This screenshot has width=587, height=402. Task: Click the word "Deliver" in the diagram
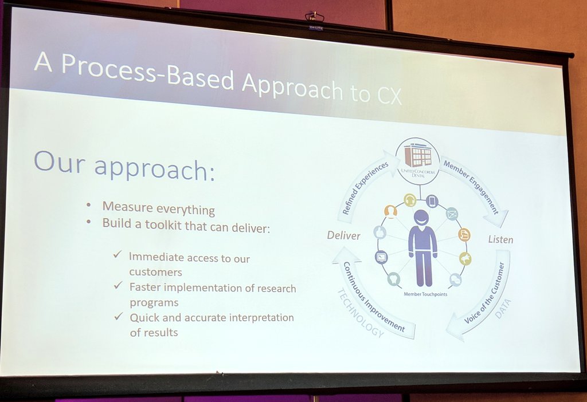(343, 235)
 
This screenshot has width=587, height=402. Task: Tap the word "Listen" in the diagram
(500, 239)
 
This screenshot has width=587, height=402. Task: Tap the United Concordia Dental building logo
(417, 155)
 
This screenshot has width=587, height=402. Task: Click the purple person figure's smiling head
(421, 217)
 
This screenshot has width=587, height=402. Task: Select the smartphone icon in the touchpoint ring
(432, 201)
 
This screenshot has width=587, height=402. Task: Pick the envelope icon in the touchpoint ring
(452, 214)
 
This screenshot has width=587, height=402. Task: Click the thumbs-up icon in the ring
(379, 232)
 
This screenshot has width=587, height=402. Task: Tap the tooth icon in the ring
(393, 279)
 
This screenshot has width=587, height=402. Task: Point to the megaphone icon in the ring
(465, 259)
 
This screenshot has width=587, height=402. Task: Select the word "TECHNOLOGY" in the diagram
(359, 313)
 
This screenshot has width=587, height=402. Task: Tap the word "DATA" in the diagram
(503, 308)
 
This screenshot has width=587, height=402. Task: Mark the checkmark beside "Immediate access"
(118, 254)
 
